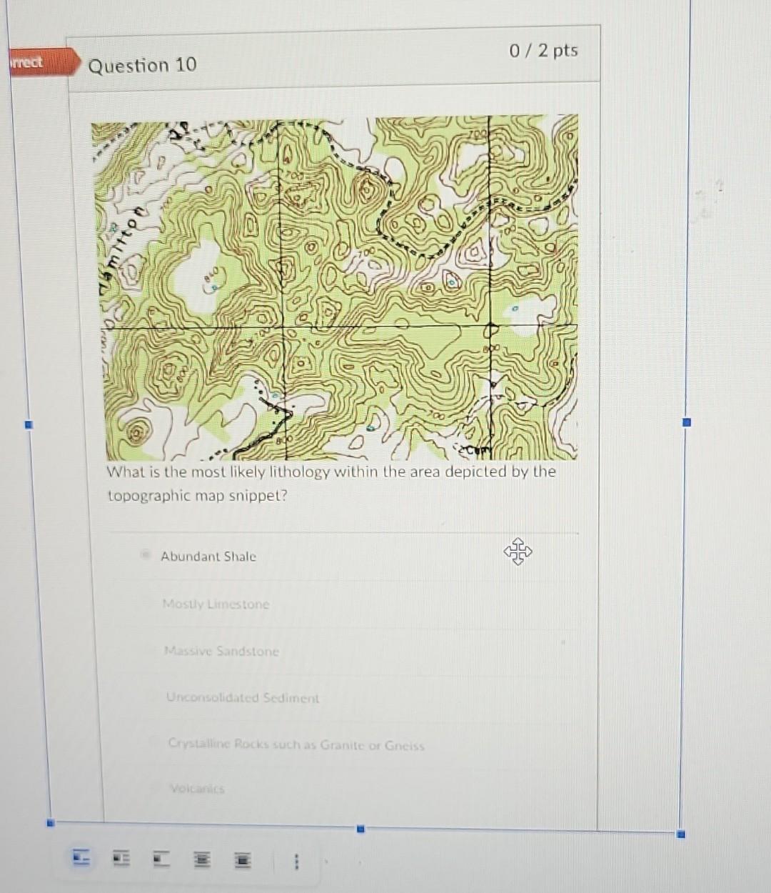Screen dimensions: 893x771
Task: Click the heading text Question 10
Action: (142, 65)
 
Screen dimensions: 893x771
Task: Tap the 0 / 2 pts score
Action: (543, 51)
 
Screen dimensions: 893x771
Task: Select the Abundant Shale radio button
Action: (146, 554)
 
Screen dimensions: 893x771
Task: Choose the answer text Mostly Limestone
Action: (216, 604)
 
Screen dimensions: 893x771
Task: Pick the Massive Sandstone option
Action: (221, 652)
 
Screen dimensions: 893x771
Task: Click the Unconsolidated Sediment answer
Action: (243, 698)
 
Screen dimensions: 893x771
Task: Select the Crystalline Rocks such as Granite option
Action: (296, 745)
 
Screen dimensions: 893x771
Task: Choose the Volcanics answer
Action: (197, 789)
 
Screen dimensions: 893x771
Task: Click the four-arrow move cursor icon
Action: (518, 552)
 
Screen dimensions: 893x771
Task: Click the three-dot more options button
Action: (296, 862)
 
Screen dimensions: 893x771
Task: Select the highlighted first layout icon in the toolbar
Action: (82, 858)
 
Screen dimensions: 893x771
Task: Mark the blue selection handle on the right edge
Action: (687, 422)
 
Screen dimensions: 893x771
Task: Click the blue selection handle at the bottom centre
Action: (361, 829)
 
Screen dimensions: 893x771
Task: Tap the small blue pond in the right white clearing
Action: (515, 310)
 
